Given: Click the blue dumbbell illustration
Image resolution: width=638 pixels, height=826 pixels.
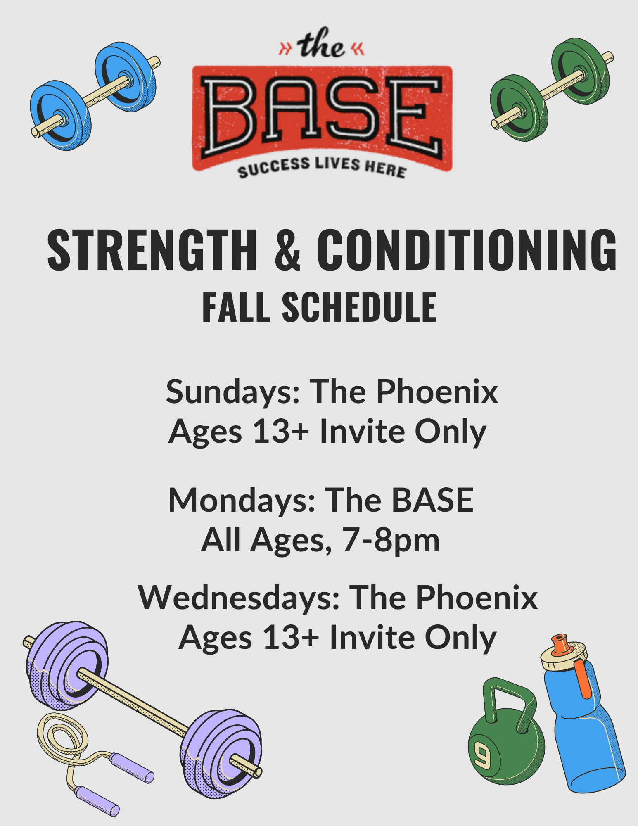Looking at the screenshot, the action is [95, 96].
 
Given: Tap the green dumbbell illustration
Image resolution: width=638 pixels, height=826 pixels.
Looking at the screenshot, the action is [552, 90].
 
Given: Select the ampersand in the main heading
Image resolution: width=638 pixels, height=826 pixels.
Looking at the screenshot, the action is [287, 251].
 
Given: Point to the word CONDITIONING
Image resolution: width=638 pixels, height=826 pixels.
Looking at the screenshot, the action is [467, 251].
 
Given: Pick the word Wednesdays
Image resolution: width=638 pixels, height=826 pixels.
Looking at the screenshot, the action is [239, 598].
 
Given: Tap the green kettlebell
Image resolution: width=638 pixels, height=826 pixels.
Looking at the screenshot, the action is [506, 739].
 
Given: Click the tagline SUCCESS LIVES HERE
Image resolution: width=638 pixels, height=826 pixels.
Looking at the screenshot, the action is [322, 167].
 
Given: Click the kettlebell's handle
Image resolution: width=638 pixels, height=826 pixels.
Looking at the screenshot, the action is [510, 696].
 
